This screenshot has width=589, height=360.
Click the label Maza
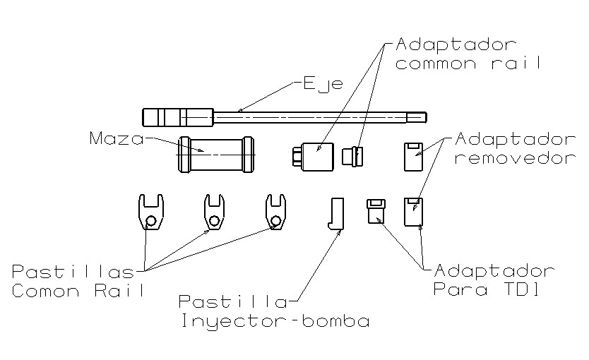tap(117, 137)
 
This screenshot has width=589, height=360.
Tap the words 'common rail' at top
tap(468, 63)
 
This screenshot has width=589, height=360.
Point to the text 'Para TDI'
tap(487, 289)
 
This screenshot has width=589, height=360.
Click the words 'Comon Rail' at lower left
tap(78, 290)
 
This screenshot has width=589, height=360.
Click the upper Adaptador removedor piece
tap(412, 157)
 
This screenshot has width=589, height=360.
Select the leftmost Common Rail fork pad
tap(149, 212)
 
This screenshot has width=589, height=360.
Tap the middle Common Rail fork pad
tap(215, 212)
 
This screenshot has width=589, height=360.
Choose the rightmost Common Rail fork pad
tap(276, 212)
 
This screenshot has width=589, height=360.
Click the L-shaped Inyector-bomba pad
tap(337, 214)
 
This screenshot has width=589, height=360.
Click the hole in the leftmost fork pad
tap(150, 223)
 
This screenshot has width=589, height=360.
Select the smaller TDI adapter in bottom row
tap(376, 211)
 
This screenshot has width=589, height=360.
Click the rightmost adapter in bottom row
tap(413, 212)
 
